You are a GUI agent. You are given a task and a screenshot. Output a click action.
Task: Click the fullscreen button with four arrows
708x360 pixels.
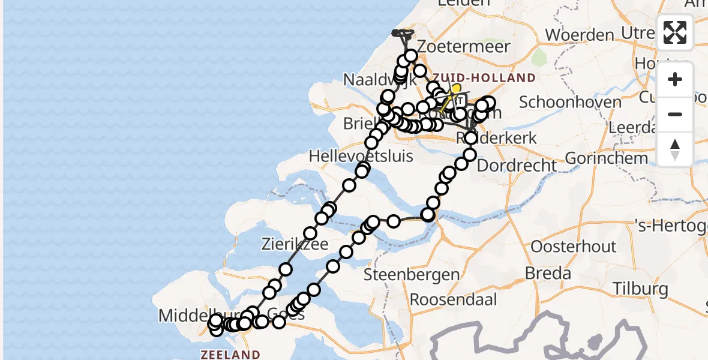[675, 32]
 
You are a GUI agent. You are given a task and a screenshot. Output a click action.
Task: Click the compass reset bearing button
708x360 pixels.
[675, 149]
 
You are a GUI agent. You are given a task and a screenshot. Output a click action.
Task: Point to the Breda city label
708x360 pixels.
[548, 273]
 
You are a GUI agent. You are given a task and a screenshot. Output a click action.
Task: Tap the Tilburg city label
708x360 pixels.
[640, 289]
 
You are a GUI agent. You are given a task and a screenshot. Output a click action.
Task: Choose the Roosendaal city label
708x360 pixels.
[452, 299]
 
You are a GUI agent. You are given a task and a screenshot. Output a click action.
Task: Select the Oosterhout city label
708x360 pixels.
[574, 246]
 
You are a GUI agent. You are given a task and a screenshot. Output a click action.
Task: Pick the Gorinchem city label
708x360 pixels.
[606, 158]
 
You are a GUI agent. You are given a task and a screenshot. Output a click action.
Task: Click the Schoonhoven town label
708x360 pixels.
[570, 101]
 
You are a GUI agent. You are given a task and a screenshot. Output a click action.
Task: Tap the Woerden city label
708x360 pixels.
[580, 34]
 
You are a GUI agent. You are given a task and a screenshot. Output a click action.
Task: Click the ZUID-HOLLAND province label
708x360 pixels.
[484, 77]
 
